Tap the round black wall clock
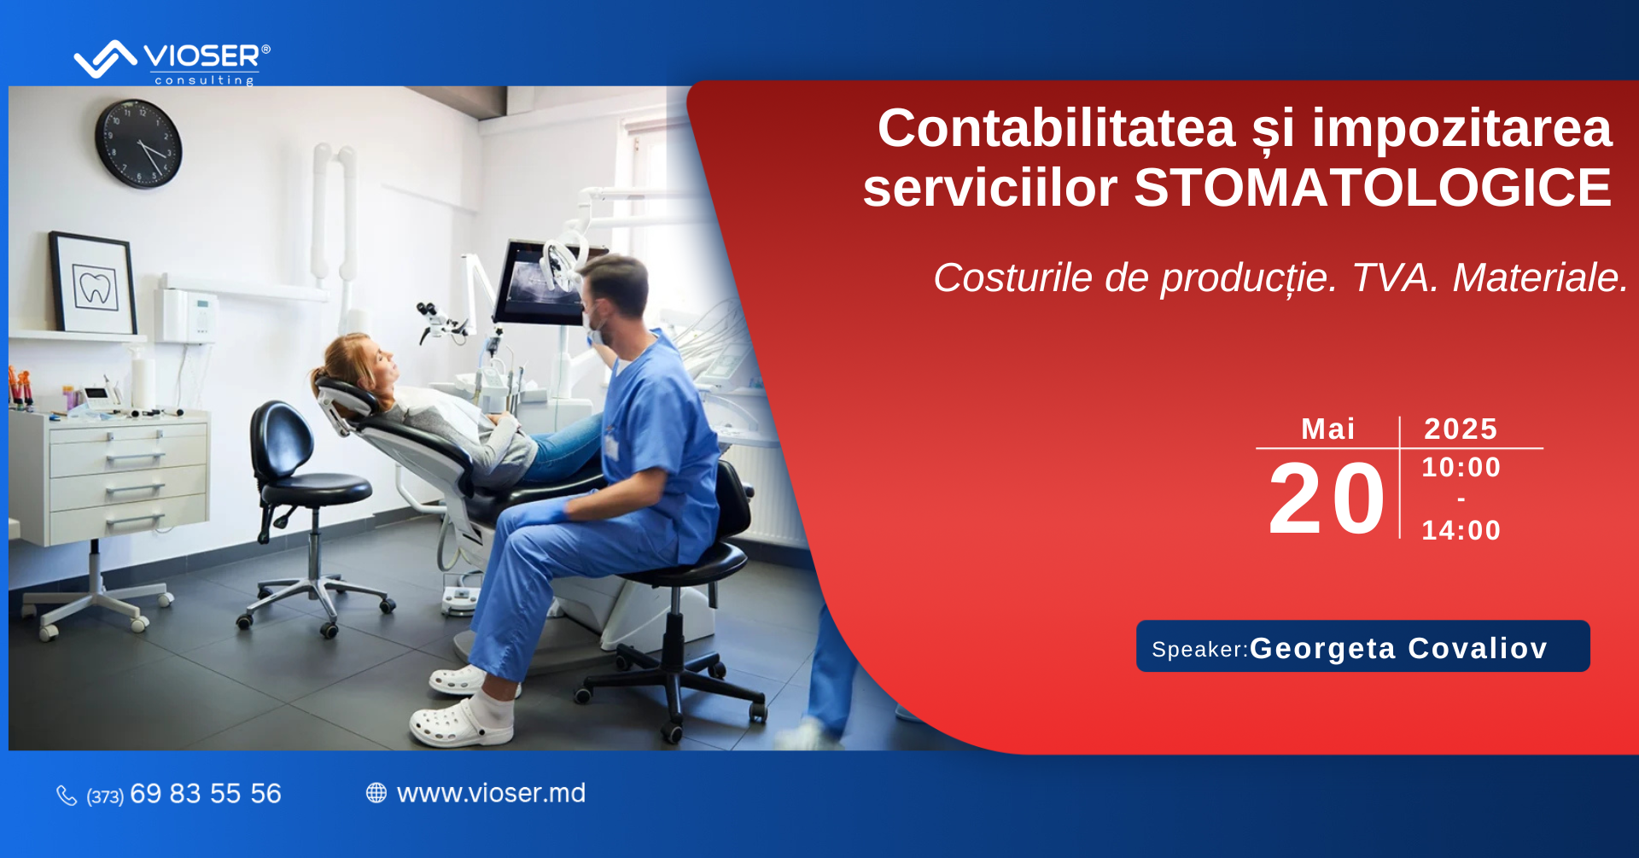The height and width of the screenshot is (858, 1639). (x=138, y=143)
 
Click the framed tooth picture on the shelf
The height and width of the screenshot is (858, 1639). (x=93, y=283)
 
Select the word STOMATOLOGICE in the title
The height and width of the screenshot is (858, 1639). (x=1373, y=188)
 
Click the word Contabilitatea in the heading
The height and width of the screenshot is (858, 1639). (x=1057, y=128)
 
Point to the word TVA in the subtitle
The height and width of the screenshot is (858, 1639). (x=1396, y=277)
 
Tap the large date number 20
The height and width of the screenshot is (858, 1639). (x=1326, y=499)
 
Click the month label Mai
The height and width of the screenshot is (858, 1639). (x=1327, y=429)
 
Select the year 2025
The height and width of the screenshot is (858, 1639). (x=1461, y=429)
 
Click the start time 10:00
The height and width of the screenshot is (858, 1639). (x=1461, y=467)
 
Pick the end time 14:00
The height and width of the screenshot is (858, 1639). (x=1461, y=530)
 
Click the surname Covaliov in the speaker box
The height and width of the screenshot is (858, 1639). (x=1478, y=648)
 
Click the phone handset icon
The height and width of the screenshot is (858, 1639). (x=67, y=796)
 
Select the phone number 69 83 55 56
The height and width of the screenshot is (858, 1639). (x=206, y=794)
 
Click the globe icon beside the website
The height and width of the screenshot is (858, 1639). (x=376, y=793)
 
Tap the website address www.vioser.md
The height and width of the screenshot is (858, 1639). (x=491, y=793)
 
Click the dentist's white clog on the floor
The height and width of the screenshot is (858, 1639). (x=462, y=723)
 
